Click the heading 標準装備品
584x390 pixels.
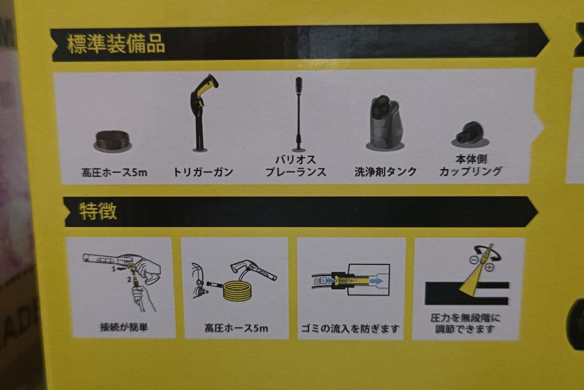pyautogui.click(x=115, y=44)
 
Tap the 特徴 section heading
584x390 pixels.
pyautogui.click(x=98, y=211)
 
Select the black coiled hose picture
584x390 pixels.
pyautogui.click(x=114, y=140)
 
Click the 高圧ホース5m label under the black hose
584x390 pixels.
pyautogui.click(x=114, y=173)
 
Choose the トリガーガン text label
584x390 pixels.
pyautogui.click(x=203, y=172)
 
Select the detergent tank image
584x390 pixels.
pyautogui.click(x=386, y=122)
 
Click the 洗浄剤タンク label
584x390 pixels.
pyautogui.click(x=386, y=172)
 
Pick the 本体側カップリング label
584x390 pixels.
pyautogui.click(x=470, y=166)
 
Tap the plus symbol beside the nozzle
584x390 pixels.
pyautogui.click(x=490, y=267)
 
